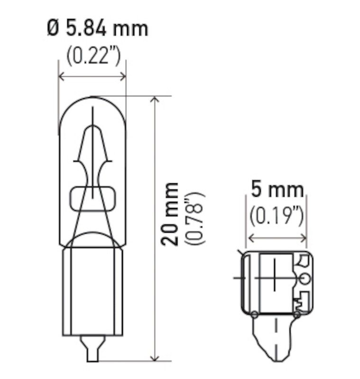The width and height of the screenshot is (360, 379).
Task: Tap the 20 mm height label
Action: (170, 214)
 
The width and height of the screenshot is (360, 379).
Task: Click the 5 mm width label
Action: (277, 190)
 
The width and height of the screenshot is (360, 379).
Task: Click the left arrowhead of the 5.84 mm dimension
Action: (61, 76)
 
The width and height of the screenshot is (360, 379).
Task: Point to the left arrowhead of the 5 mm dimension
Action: (250, 236)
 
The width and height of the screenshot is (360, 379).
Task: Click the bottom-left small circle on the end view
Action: (254, 314)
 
